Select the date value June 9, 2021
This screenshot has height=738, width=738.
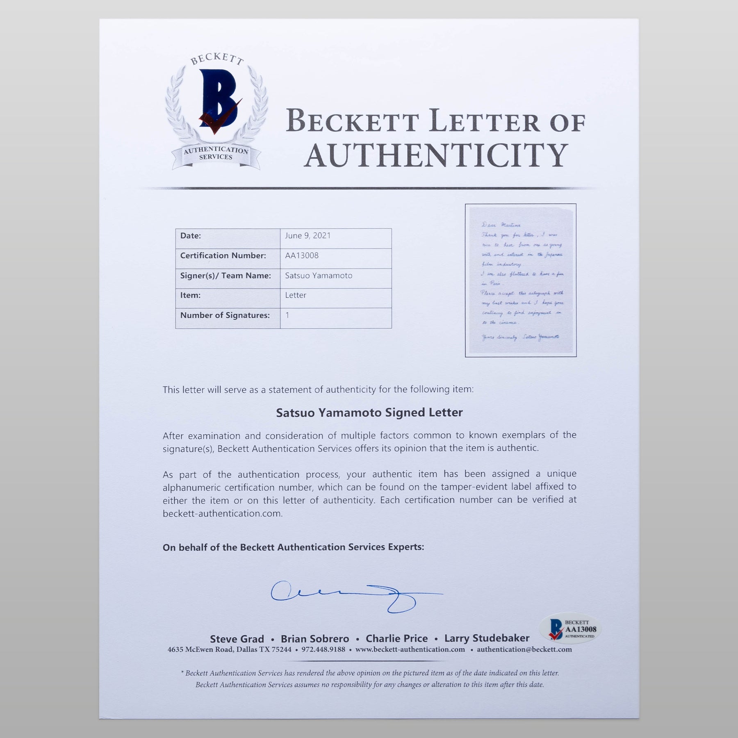tap(307, 236)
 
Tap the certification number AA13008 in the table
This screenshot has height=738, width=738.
tap(302, 255)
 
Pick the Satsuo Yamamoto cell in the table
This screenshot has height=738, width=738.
tap(319, 276)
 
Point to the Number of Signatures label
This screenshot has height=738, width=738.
tap(225, 315)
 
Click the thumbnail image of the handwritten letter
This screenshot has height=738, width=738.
tap(520, 280)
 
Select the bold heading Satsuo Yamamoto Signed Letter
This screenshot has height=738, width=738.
tap(369, 412)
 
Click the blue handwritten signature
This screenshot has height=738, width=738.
tap(348, 595)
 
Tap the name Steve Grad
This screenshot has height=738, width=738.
tap(237, 639)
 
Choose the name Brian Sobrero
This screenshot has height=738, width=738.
tap(315, 639)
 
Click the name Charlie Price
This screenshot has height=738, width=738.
tap(396, 638)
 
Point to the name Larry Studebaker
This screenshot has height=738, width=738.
tap(487, 638)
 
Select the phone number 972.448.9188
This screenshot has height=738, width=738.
tap(323, 649)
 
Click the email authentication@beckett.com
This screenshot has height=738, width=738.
tap(524, 649)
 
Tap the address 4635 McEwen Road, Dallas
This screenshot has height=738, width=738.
tap(229, 649)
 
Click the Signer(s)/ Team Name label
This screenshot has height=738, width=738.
tap(225, 276)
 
